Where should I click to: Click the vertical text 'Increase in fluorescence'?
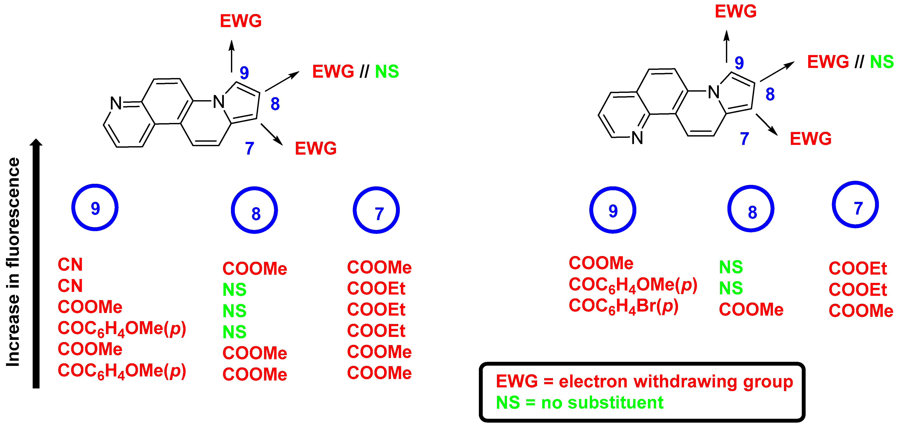coord(13,262)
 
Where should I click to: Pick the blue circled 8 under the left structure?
coord(255,210)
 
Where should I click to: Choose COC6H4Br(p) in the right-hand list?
coord(623,306)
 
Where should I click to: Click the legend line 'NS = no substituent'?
coord(579,403)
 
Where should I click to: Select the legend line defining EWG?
coord(644,381)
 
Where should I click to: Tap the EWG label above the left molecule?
coord(241,21)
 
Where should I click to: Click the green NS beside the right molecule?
coord(882,62)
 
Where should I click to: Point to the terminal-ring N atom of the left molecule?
coord(116,103)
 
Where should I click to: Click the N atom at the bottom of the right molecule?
coord(637,138)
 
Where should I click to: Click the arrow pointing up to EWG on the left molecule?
coord(231,56)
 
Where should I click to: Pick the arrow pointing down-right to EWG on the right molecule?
coord(767,124)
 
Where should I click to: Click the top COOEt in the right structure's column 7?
coord(858,268)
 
